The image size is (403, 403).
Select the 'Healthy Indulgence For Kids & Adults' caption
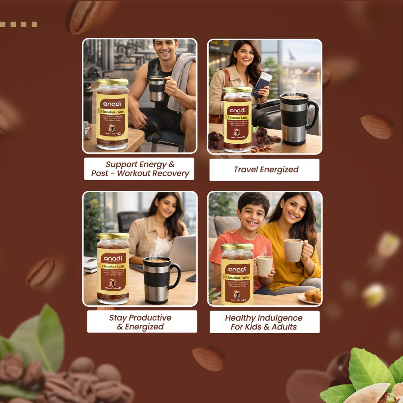pyautogui.click(x=264, y=322)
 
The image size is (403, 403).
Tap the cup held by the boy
pyautogui.click(x=264, y=265)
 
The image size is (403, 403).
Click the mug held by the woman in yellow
pyautogui.click(x=293, y=250)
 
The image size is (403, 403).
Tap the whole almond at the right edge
pyautogui.click(x=377, y=127)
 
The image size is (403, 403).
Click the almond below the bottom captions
pyautogui.click(x=209, y=359)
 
